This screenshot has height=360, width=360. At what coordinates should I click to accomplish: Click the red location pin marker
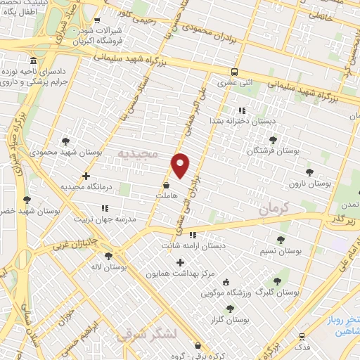tap(181, 165)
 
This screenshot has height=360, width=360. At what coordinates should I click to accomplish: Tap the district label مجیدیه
tap(140, 153)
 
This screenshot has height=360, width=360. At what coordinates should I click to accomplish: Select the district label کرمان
tap(274, 209)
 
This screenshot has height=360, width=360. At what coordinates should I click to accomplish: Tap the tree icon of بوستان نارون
tap(309, 171)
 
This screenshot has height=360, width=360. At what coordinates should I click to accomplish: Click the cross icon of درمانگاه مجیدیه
tap(86, 176)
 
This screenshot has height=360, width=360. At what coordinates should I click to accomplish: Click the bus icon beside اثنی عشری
tap(234, 72)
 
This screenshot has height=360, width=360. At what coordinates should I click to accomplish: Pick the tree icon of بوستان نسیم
tap(281, 239)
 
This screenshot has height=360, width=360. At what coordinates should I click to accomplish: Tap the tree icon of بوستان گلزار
tap(230, 309)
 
